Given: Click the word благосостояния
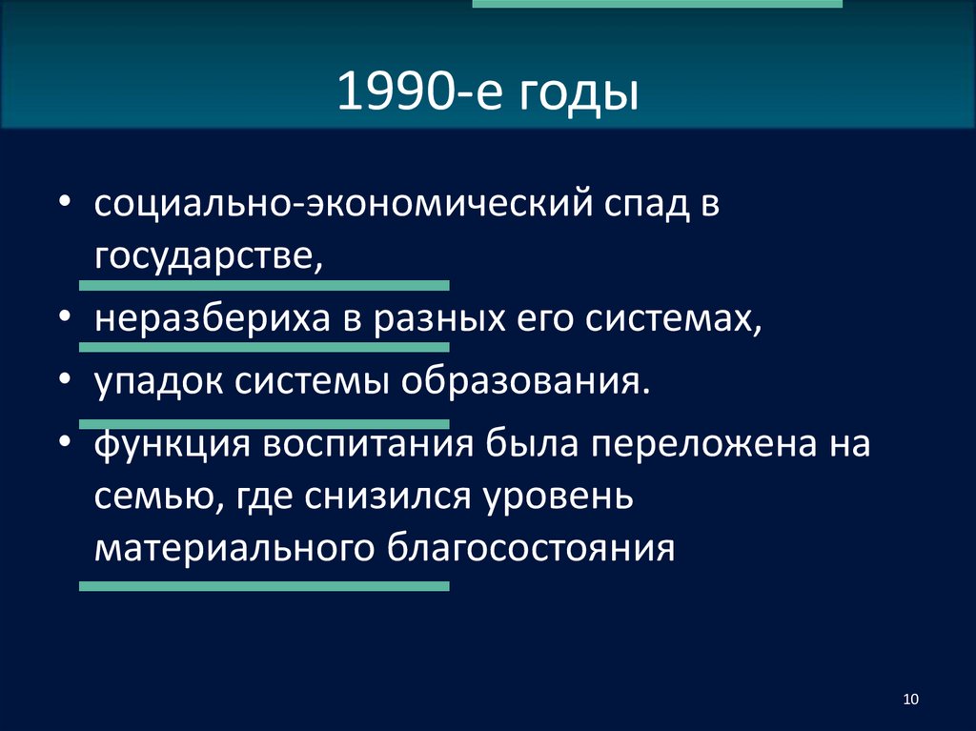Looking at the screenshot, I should pos(531,548).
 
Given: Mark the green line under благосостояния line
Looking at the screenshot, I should pos(264,588).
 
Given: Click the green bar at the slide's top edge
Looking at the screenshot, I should pos(658,4).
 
